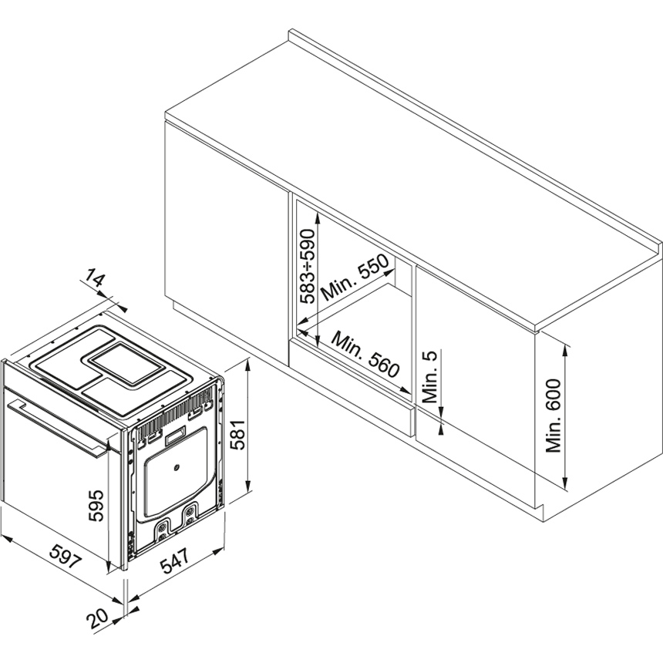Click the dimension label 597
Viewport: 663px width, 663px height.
click(x=65, y=556)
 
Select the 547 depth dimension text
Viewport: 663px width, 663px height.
click(x=176, y=560)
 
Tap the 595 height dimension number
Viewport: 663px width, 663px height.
click(x=96, y=505)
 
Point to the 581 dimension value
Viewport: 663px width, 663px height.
click(x=237, y=435)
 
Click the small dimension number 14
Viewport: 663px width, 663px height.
click(x=93, y=277)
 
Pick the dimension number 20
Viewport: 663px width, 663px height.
click(x=98, y=621)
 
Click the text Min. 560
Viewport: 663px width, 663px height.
click(x=365, y=355)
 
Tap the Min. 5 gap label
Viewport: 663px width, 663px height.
click(x=431, y=377)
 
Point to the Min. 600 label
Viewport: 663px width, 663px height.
click(x=553, y=416)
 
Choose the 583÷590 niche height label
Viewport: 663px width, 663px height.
click(x=308, y=267)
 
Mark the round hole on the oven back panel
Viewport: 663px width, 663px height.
click(x=177, y=468)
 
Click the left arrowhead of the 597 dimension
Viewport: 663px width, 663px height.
click(x=7, y=539)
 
